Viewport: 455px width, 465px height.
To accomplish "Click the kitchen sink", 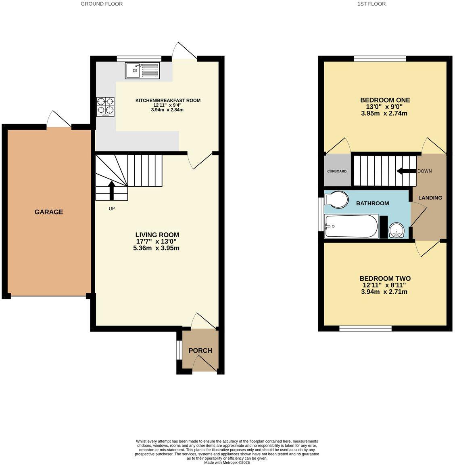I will (142, 70).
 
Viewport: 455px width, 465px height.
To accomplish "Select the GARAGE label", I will (49, 212).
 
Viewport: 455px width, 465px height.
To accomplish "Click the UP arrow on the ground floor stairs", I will (112, 190).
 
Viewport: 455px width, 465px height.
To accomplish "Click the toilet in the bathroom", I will (337, 199).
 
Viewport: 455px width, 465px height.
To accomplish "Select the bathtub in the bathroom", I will (351, 226).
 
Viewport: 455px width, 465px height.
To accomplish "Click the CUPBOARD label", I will (337, 171).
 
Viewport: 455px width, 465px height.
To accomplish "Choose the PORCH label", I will (200, 350).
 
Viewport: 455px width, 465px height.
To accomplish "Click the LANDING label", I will (430, 198).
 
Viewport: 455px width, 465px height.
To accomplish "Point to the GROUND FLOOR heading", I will (102, 4).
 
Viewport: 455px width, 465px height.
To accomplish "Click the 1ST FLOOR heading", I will (372, 4).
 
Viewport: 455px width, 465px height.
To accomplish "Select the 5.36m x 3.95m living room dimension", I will (156, 248).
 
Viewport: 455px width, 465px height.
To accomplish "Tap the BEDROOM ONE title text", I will (385, 100).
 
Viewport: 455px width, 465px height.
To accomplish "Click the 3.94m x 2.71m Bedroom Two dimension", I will (384, 291).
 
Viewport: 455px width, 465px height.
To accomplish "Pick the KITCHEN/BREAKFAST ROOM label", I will (168, 101).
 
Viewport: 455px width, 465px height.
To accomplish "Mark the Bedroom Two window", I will (365, 329).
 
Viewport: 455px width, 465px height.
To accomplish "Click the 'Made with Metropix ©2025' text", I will (227, 463).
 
